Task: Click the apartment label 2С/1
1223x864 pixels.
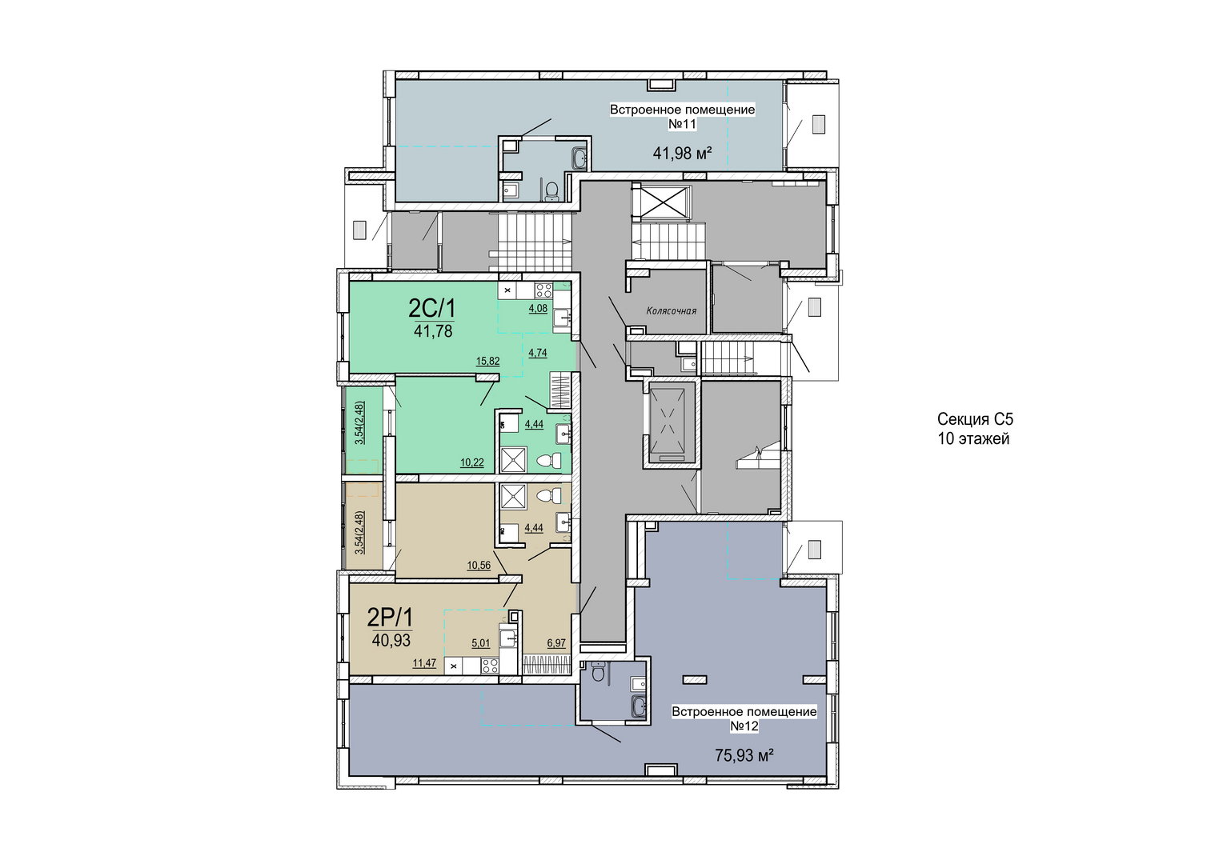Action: coord(431,310)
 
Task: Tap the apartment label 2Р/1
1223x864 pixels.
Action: coord(390,618)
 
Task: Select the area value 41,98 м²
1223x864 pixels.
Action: coord(682,154)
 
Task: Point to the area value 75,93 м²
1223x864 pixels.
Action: coord(744,756)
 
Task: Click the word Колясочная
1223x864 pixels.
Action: coord(671,311)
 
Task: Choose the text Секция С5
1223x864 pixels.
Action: coord(975,419)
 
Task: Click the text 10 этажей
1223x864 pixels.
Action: coord(973,439)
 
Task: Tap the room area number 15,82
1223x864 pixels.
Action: coord(487,361)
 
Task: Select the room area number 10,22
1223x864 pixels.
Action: coord(471,463)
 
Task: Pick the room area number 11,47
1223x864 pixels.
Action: coord(424,664)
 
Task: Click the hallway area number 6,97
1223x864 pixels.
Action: coord(555,643)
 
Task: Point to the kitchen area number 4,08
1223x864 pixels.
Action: coord(537,308)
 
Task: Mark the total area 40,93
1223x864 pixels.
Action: coord(391,640)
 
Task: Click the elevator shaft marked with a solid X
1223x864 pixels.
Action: coord(662,202)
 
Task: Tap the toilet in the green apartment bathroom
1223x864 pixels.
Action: coord(549,461)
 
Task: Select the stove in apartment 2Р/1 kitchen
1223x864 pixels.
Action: coord(490,666)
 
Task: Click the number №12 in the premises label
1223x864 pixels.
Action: coord(744,726)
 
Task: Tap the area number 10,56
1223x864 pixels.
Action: coord(479,566)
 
